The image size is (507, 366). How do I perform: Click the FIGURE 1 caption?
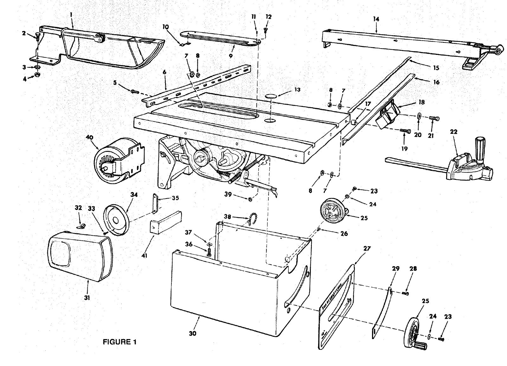click(x=120, y=342)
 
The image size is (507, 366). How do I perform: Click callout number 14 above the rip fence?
click(x=376, y=19)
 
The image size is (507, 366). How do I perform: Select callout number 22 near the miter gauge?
click(x=454, y=132)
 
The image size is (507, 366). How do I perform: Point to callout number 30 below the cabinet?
click(x=193, y=333)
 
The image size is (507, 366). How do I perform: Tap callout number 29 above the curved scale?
click(x=395, y=268)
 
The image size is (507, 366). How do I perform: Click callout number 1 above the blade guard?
click(x=72, y=15)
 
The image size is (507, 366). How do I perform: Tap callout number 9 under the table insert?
click(x=231, y=56)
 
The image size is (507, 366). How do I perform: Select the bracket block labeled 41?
click(x=165, y=222)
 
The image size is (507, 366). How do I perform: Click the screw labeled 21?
click(x=433, y=118)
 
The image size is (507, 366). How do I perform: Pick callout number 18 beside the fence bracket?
click(x=421, y=102)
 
